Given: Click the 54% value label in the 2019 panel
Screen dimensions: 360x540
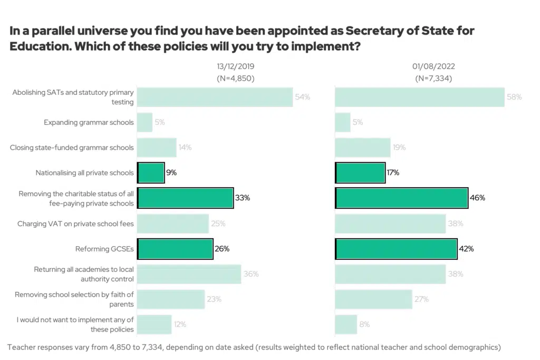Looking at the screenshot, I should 303,97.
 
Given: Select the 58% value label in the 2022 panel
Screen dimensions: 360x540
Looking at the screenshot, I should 514,97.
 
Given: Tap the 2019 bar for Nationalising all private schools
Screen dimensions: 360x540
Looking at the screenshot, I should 151,173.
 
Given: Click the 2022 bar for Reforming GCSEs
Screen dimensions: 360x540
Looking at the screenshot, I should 396,249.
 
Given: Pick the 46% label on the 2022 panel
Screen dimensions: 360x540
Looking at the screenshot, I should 477,198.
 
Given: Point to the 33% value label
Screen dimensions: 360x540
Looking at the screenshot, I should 243,198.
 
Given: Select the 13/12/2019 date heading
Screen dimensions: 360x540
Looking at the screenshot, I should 235,67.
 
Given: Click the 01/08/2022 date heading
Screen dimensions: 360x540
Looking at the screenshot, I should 433,67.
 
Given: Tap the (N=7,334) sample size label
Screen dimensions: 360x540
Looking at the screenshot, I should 433,79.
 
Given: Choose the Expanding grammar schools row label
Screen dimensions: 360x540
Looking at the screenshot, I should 89,122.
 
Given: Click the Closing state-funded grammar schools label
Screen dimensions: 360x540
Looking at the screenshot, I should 72,148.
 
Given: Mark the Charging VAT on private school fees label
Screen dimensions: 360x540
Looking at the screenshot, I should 75,223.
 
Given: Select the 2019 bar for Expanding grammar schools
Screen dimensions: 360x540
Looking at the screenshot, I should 145,122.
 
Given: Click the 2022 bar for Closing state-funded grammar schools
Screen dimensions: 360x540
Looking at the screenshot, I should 363,148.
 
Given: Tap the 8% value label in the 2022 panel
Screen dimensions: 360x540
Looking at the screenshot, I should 364,325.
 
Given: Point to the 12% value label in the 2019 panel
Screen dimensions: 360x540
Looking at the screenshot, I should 180,325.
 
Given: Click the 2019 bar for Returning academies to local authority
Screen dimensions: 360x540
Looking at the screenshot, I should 189,274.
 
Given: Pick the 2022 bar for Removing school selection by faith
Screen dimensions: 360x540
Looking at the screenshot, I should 373,299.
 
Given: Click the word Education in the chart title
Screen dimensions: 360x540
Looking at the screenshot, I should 37,46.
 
